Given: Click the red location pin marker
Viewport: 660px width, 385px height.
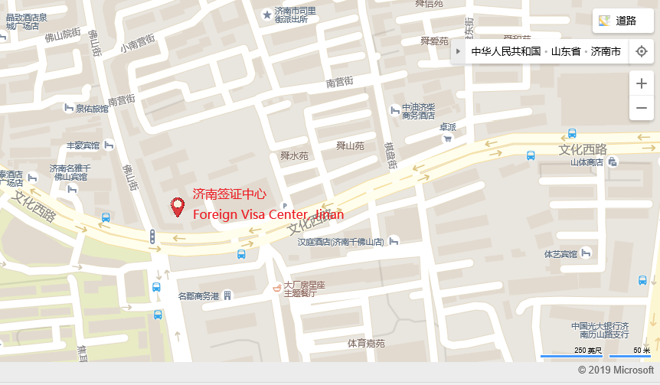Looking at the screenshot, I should point(178,206).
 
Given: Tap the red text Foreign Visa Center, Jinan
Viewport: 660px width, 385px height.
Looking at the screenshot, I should point(267,214).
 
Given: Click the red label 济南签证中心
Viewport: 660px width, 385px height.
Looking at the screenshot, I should point(230,194).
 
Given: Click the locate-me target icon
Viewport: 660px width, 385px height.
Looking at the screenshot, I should point(642,51).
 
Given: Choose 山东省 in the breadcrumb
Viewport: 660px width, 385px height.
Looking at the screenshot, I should point(563,52).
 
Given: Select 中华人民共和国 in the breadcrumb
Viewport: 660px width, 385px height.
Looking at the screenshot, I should point(505,52).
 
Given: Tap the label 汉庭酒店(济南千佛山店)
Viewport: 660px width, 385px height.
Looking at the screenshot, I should point(341,242).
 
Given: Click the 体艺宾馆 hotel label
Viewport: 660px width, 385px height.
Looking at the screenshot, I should point(559,253).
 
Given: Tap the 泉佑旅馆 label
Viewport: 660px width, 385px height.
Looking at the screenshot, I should point(91,109).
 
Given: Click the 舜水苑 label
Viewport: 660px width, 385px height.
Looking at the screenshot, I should point(294,156).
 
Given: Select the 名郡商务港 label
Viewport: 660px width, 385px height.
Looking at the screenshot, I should point(198,295).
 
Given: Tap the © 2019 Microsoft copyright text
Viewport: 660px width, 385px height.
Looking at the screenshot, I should point(616,370).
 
